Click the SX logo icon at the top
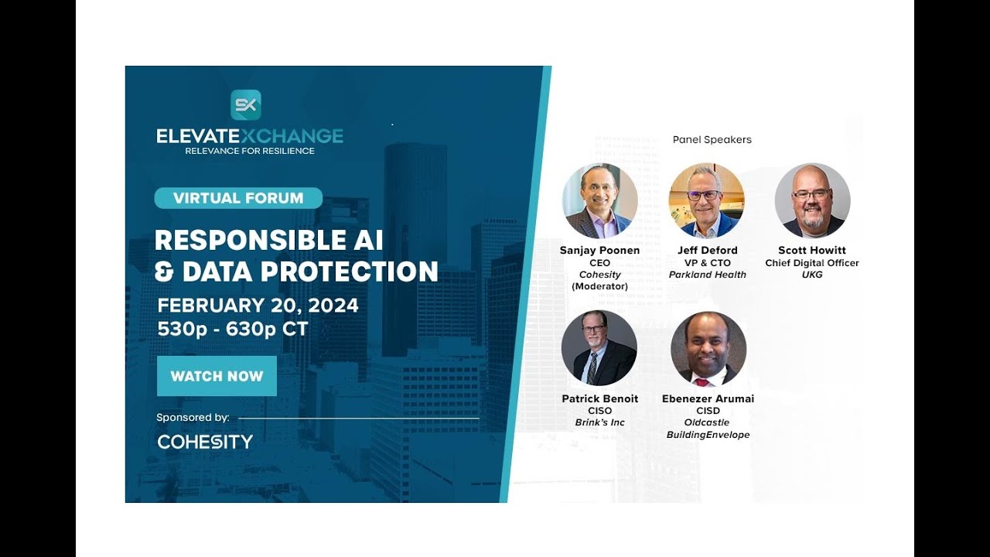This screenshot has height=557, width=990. coord(246,105)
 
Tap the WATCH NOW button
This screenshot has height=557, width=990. coord(217,376)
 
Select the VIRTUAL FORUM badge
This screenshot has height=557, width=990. coord(238,198)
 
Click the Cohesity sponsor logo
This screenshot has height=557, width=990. coord(205,442)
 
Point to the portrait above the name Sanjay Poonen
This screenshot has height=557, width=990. coord(599,200)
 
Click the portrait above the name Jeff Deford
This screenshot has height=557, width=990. coord(706,200)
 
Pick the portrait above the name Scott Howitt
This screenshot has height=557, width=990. coord(812,200)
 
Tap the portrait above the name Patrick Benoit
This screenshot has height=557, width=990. coord(599,348)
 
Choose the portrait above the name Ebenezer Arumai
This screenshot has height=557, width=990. coord(708,348)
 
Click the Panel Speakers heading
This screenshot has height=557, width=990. coord(712,140)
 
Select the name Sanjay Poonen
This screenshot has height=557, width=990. coord(599,251)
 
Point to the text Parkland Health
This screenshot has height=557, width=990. coord(707,275)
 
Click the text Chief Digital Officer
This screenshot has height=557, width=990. coord(812,263)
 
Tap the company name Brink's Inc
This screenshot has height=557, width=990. coord(599,422)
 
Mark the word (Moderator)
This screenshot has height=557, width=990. coord(599,286)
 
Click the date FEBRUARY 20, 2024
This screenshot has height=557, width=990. coord(258,306)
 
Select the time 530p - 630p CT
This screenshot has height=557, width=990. coord(233,329)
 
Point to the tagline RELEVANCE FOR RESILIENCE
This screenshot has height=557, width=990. coord(249,151)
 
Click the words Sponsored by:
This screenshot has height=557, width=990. coord(193,417)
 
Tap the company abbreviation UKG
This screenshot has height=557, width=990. coord(812,275)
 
